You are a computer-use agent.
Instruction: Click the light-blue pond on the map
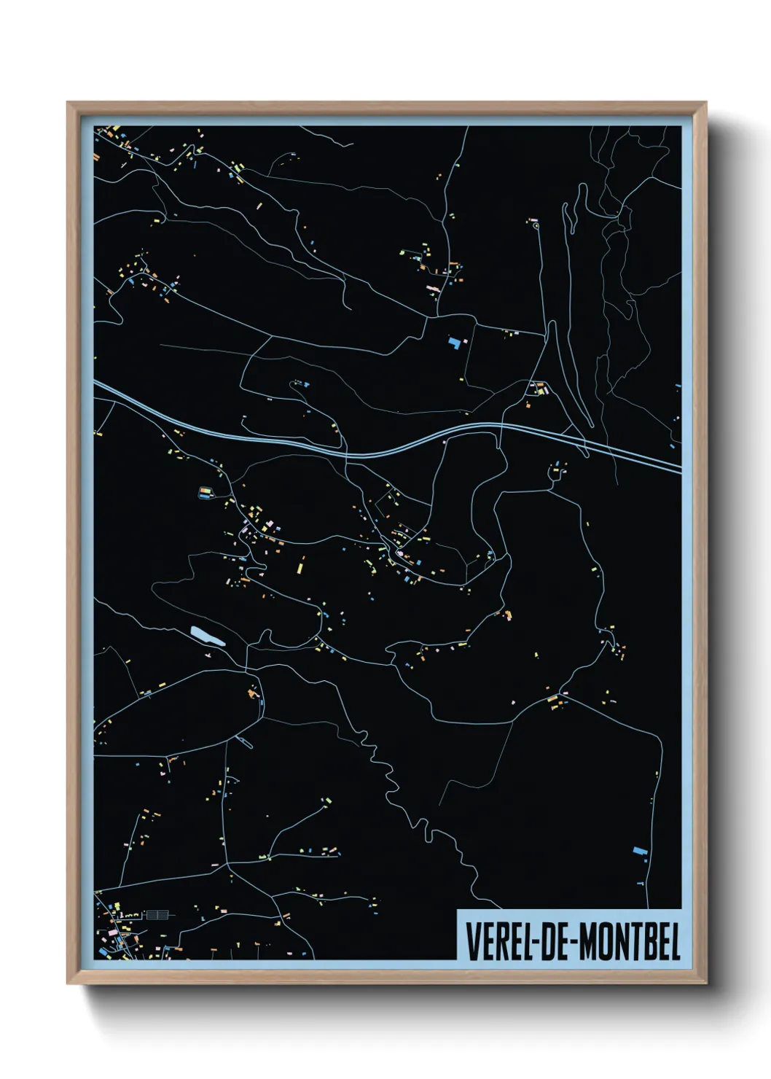pos(207,636)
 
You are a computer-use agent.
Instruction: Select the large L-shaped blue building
pos(455,342)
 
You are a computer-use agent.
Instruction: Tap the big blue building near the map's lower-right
pos(640,850)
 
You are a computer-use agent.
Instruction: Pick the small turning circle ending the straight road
pos(536,226)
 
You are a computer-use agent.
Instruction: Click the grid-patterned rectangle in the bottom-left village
pos(157,914)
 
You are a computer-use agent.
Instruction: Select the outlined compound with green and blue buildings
pos(205,493)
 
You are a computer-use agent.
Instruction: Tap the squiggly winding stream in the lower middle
pos(386,773)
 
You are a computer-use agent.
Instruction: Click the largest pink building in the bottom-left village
pos(114,932)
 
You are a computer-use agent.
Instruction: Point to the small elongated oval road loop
pos(245,742)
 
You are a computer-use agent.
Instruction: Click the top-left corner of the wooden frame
pos(69,104)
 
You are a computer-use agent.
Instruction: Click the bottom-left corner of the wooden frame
pos(69,983)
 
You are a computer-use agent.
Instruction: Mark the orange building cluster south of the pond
pos(254,693)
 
